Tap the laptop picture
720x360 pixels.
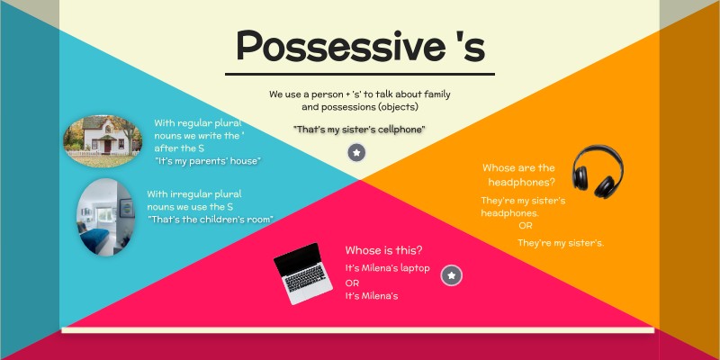tap(304, 274)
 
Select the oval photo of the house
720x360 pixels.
tap(102, 140)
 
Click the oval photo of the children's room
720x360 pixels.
tap(105, 216)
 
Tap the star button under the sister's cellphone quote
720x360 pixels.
tap(357, 153)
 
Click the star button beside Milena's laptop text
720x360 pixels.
tap(451, 275)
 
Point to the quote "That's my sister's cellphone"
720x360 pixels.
tap(359, 130)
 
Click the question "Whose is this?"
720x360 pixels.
tap(383, 250)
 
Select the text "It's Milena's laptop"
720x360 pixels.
tap(387, 268)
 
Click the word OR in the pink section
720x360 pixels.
tap(352, 283)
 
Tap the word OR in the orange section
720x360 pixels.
tap(525, 226)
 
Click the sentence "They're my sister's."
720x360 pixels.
tap(560, 243)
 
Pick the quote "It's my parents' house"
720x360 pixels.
tap(207, 161)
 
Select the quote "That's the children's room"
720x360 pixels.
tap(211, 220)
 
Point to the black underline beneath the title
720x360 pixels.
tap(359, 74)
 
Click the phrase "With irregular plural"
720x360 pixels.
tap(194, 193)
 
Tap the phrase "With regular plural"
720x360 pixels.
tap(198, 122)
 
